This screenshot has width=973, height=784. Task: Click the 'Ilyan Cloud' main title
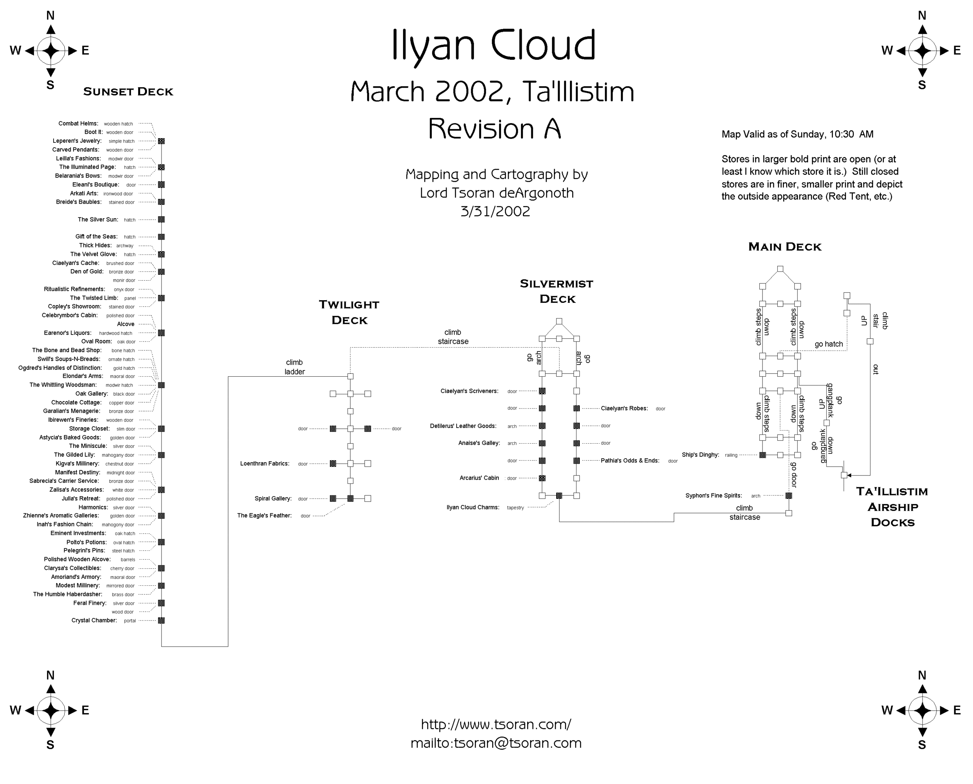[493, 45]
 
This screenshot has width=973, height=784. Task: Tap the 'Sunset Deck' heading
[128, 91]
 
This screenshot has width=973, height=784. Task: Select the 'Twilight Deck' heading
[349, 312]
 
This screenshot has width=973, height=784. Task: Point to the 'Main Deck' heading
[785, 247]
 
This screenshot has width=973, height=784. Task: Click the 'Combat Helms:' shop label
[78, 123]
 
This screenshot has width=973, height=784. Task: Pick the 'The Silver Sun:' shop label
[98, 219]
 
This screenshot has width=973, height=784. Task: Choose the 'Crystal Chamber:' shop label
[94, 620]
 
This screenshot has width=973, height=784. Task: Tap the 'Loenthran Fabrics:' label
[264, 463]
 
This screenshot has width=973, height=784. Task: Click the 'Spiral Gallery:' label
[273, 498]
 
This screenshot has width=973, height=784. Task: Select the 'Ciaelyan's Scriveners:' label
[469, 391]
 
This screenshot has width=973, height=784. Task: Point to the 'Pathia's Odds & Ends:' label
[630, 461]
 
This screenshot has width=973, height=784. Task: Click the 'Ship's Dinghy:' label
[700, 455]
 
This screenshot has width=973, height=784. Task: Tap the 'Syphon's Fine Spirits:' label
[713, 495]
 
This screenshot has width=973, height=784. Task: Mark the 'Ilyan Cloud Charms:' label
[473, 507]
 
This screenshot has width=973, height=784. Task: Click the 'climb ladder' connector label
[294, 367]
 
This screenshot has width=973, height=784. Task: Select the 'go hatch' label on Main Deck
[829, 344]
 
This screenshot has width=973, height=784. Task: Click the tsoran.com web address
[496, 724]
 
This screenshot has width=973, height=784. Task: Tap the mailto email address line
[496, 743]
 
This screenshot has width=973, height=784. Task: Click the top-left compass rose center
[51, 51]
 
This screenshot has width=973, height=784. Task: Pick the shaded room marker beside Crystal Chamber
[161, 621]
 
